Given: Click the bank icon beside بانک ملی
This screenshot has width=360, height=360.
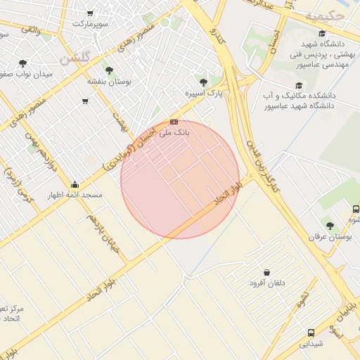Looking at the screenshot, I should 174,122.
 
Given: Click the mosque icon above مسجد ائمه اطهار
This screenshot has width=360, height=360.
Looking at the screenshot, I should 75,184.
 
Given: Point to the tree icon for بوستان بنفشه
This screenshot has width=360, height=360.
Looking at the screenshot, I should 108,70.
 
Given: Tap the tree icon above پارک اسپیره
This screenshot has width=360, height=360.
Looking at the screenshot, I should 203,82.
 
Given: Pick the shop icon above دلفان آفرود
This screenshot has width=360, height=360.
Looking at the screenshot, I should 266,272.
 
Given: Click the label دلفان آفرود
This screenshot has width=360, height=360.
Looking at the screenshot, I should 267,283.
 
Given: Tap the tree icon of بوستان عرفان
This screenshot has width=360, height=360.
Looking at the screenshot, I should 330,226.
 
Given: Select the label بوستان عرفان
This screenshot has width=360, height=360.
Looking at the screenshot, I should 330,237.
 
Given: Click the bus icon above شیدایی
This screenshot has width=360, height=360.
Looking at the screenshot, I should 310,333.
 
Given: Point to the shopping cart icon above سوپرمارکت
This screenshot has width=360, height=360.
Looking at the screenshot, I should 90,13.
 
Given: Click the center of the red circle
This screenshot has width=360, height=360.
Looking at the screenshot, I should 180,179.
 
